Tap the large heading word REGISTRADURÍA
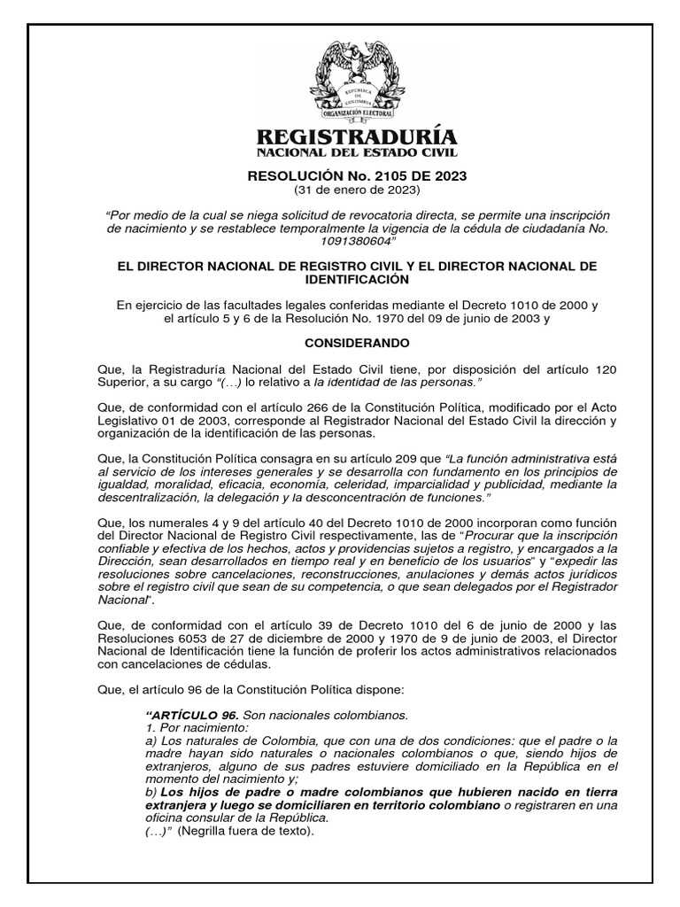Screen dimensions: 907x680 click(x=356, y=137)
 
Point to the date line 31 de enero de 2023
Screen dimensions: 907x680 click(x=356, y=190)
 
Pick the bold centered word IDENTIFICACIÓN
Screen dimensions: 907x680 click(x=356, y=280)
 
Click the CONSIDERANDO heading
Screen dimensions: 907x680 click(x=356, y=342)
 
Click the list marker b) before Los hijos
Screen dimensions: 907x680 click(x=149, y=790)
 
